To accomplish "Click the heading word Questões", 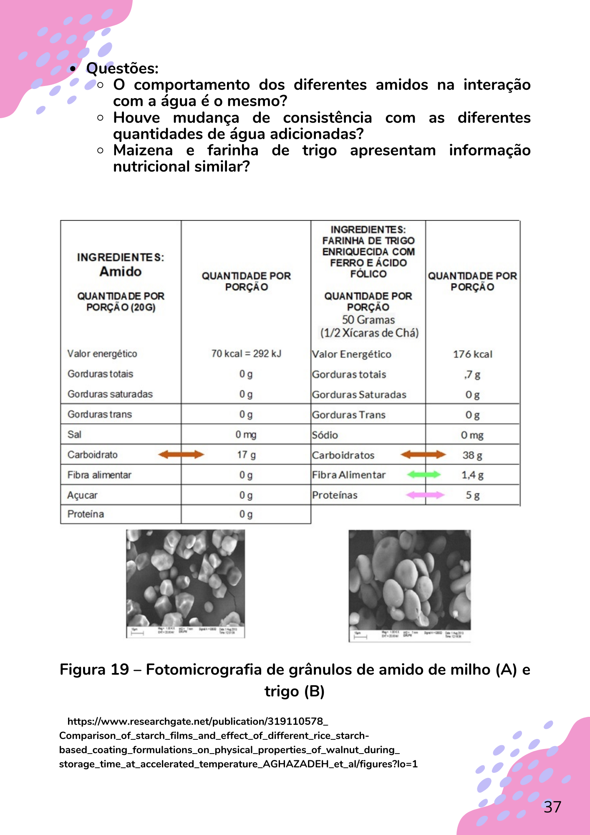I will [122, 68].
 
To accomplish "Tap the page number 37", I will [552, 807].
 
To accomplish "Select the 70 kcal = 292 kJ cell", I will [246, 354].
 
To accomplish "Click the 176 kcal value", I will [472, 354].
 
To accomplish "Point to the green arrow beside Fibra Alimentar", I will [424, 474].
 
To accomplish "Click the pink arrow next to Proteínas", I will [425, 495].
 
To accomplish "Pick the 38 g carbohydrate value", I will [472, 455].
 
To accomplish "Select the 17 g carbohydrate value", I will [246, 455].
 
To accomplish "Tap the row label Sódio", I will [325, 435].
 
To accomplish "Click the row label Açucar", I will [82, 495].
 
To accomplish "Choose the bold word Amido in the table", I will [121, 271].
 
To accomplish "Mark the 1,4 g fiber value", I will [472, 475].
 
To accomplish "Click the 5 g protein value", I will [472, 495].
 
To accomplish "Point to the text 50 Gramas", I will [368, 320].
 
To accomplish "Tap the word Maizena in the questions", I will [143, 150].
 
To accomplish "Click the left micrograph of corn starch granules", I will [185, 583].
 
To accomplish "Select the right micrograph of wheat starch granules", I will [409, 584].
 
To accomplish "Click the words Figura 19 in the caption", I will [94, 669].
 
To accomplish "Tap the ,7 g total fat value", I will [472, 374].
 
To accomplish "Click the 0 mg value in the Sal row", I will [246, 435].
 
